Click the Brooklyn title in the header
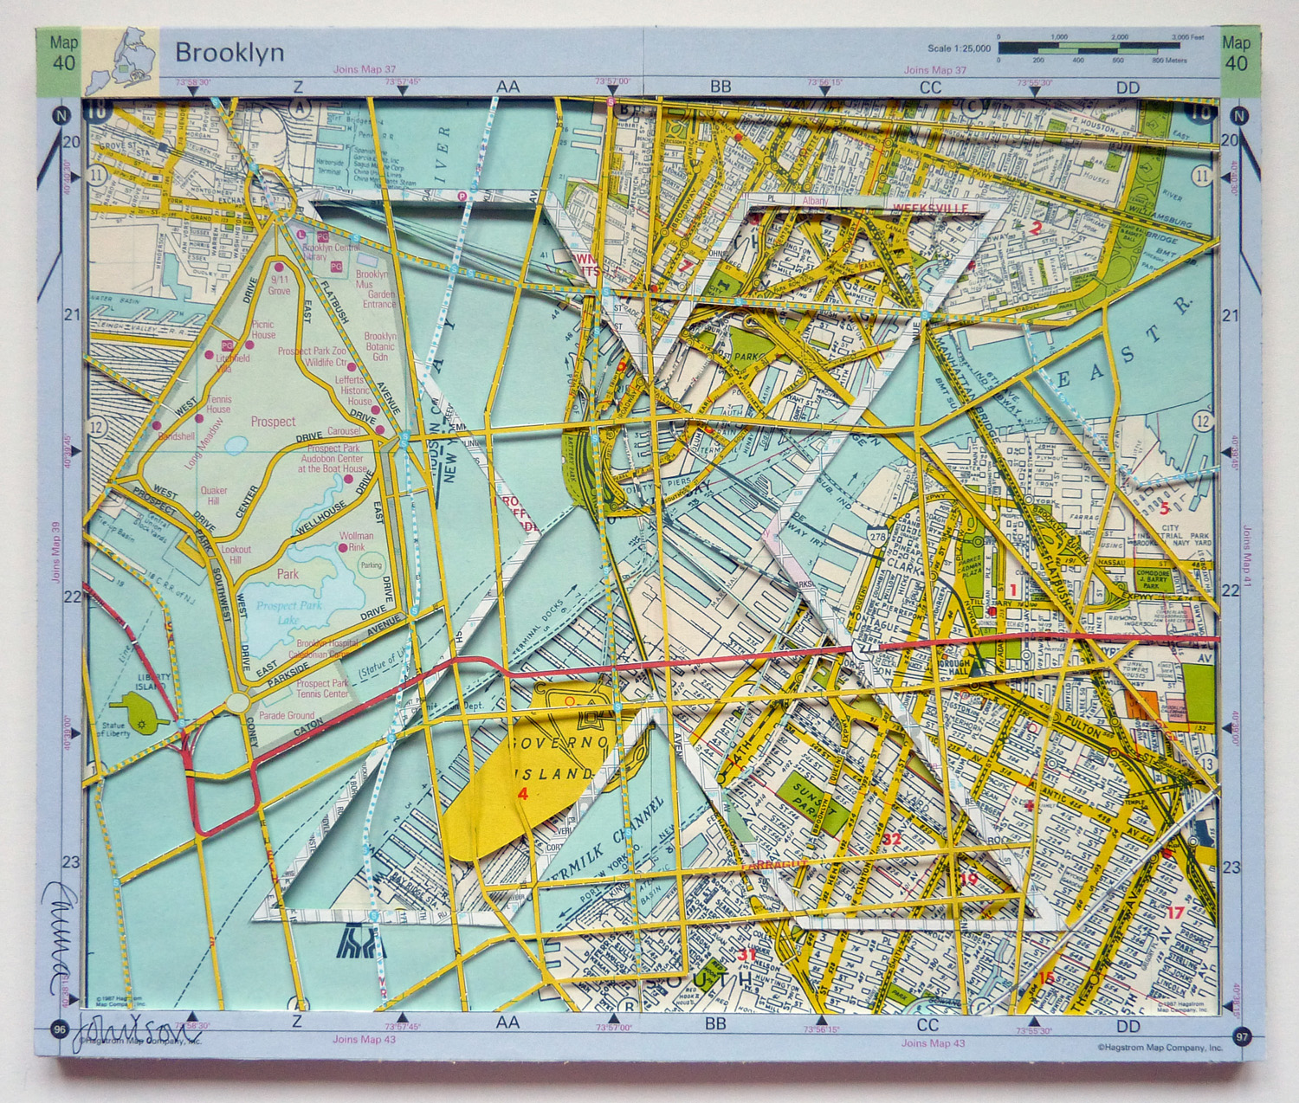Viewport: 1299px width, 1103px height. (x=229, y=52)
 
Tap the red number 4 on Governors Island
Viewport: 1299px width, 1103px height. (x=521, y=794)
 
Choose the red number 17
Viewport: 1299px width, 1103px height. (x=1174, y=912)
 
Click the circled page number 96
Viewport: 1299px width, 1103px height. (x=59, y=1029)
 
